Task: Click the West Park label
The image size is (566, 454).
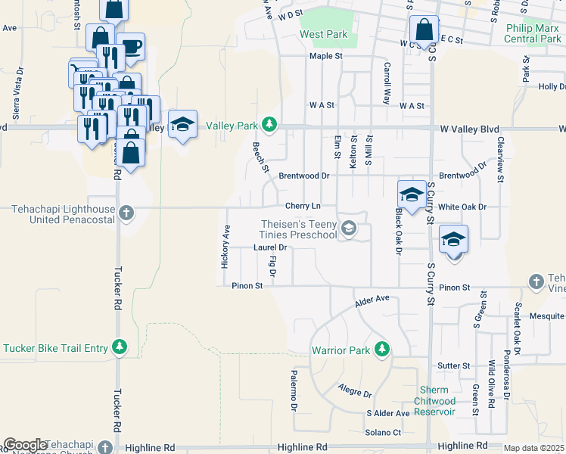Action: pyautogui.click(x=323, y=34)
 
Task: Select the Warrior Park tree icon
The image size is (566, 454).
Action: pyautogui.click(x=383, y=349)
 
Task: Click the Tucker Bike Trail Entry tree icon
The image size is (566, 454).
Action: pyautogui.click(x=119, y=347)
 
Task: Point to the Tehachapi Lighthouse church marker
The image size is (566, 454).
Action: pyautogui.click(x=126, y=213)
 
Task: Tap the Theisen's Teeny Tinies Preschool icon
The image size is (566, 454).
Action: pyautogui.click(x=348, y=228)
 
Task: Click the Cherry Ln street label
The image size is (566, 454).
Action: pyautogui.click(x=303, y=206)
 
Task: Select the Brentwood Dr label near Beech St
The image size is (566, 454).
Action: pyautogui.click(x=303, y=176)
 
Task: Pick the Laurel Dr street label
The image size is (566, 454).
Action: pyautogui.click(x=271, y=247)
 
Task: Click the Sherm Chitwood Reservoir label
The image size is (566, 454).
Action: pyautogui.click(x=437, y=400)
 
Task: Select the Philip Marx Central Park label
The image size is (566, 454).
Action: pyautogui.click(x=532, y=33)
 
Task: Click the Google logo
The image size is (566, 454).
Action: pyautogui.click(x=25, y=445)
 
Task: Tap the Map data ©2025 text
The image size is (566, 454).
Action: pyautogui.click(x=533, y=448)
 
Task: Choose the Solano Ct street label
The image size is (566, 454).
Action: pyautogui.click(x=383, y=432)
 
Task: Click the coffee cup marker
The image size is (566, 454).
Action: pyautogui.click(x=131, y=46)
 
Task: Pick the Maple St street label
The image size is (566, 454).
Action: pyautogui.click(x=325, y=56)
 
